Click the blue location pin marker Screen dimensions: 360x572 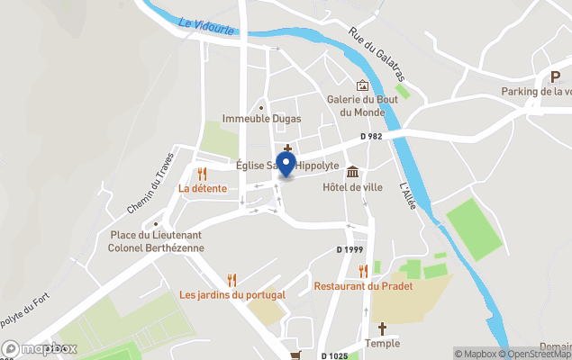286,165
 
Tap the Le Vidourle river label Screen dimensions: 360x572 206,28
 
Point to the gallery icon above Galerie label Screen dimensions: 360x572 362,85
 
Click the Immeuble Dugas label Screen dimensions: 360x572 262,119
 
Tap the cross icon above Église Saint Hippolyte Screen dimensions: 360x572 287,149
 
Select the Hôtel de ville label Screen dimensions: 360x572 352,187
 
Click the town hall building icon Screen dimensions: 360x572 352,171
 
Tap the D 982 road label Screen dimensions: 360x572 371,136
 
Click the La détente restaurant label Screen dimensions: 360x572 203,188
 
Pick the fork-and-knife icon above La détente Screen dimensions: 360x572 203,173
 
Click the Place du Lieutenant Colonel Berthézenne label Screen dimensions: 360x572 156,241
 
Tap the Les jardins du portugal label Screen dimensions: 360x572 232,294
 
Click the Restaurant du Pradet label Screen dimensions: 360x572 363,286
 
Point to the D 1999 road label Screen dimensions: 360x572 350,249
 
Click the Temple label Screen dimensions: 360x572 382,343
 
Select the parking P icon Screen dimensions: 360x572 555,77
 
